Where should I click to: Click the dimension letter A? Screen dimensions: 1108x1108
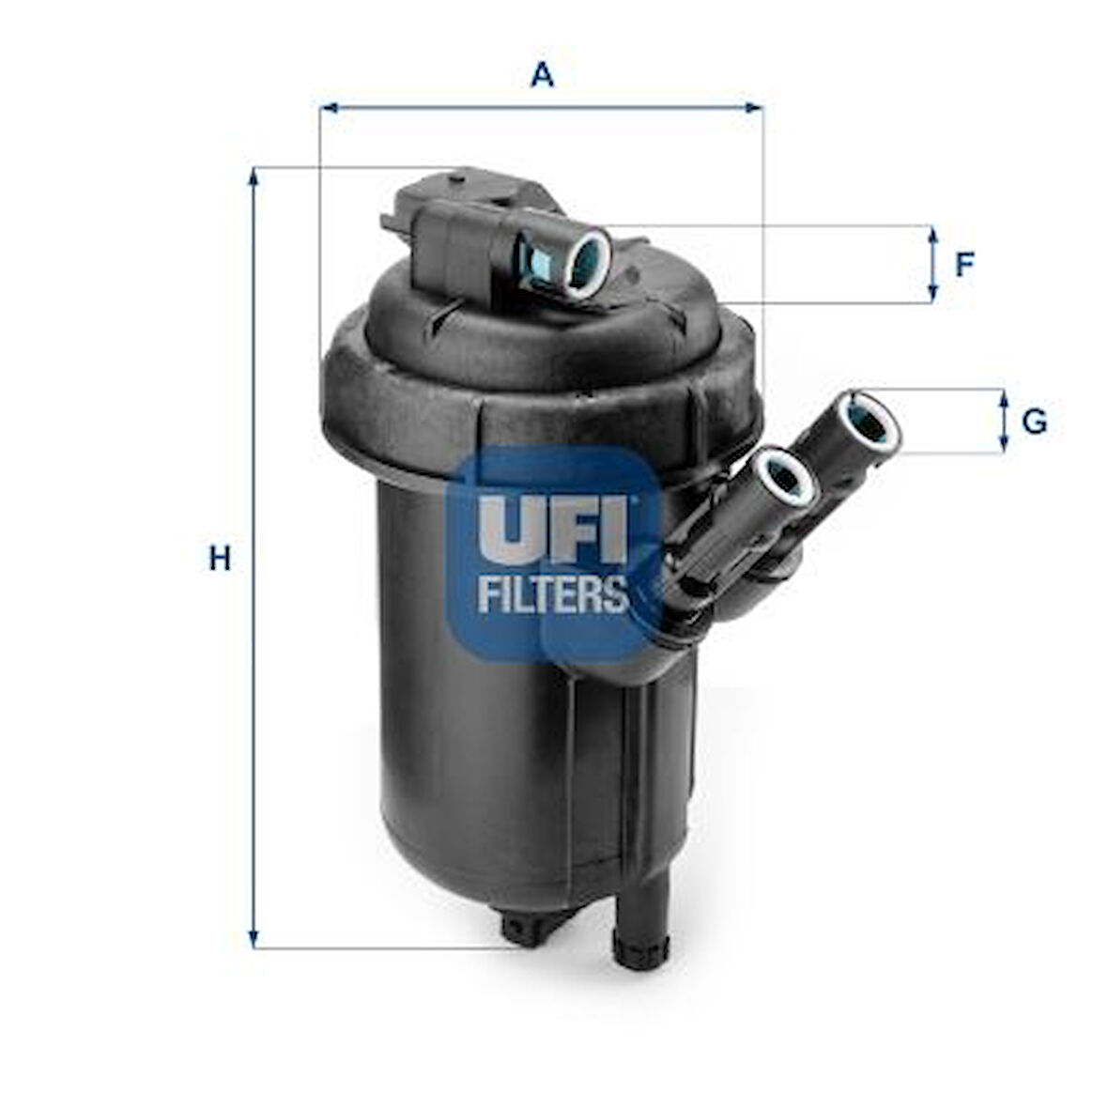click(x=542, y=74)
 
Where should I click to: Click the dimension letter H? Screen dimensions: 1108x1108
click(x=219, y=560)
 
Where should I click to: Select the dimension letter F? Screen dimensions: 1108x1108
click(x=964, y=265)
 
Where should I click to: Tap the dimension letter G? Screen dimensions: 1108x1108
click(x=1034, y=422)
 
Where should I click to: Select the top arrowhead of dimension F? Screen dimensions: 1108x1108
click(x=932, y=234)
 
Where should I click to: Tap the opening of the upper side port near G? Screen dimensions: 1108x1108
click(x=870, y=423)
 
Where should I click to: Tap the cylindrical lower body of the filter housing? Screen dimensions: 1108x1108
click(x=469, y=751)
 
